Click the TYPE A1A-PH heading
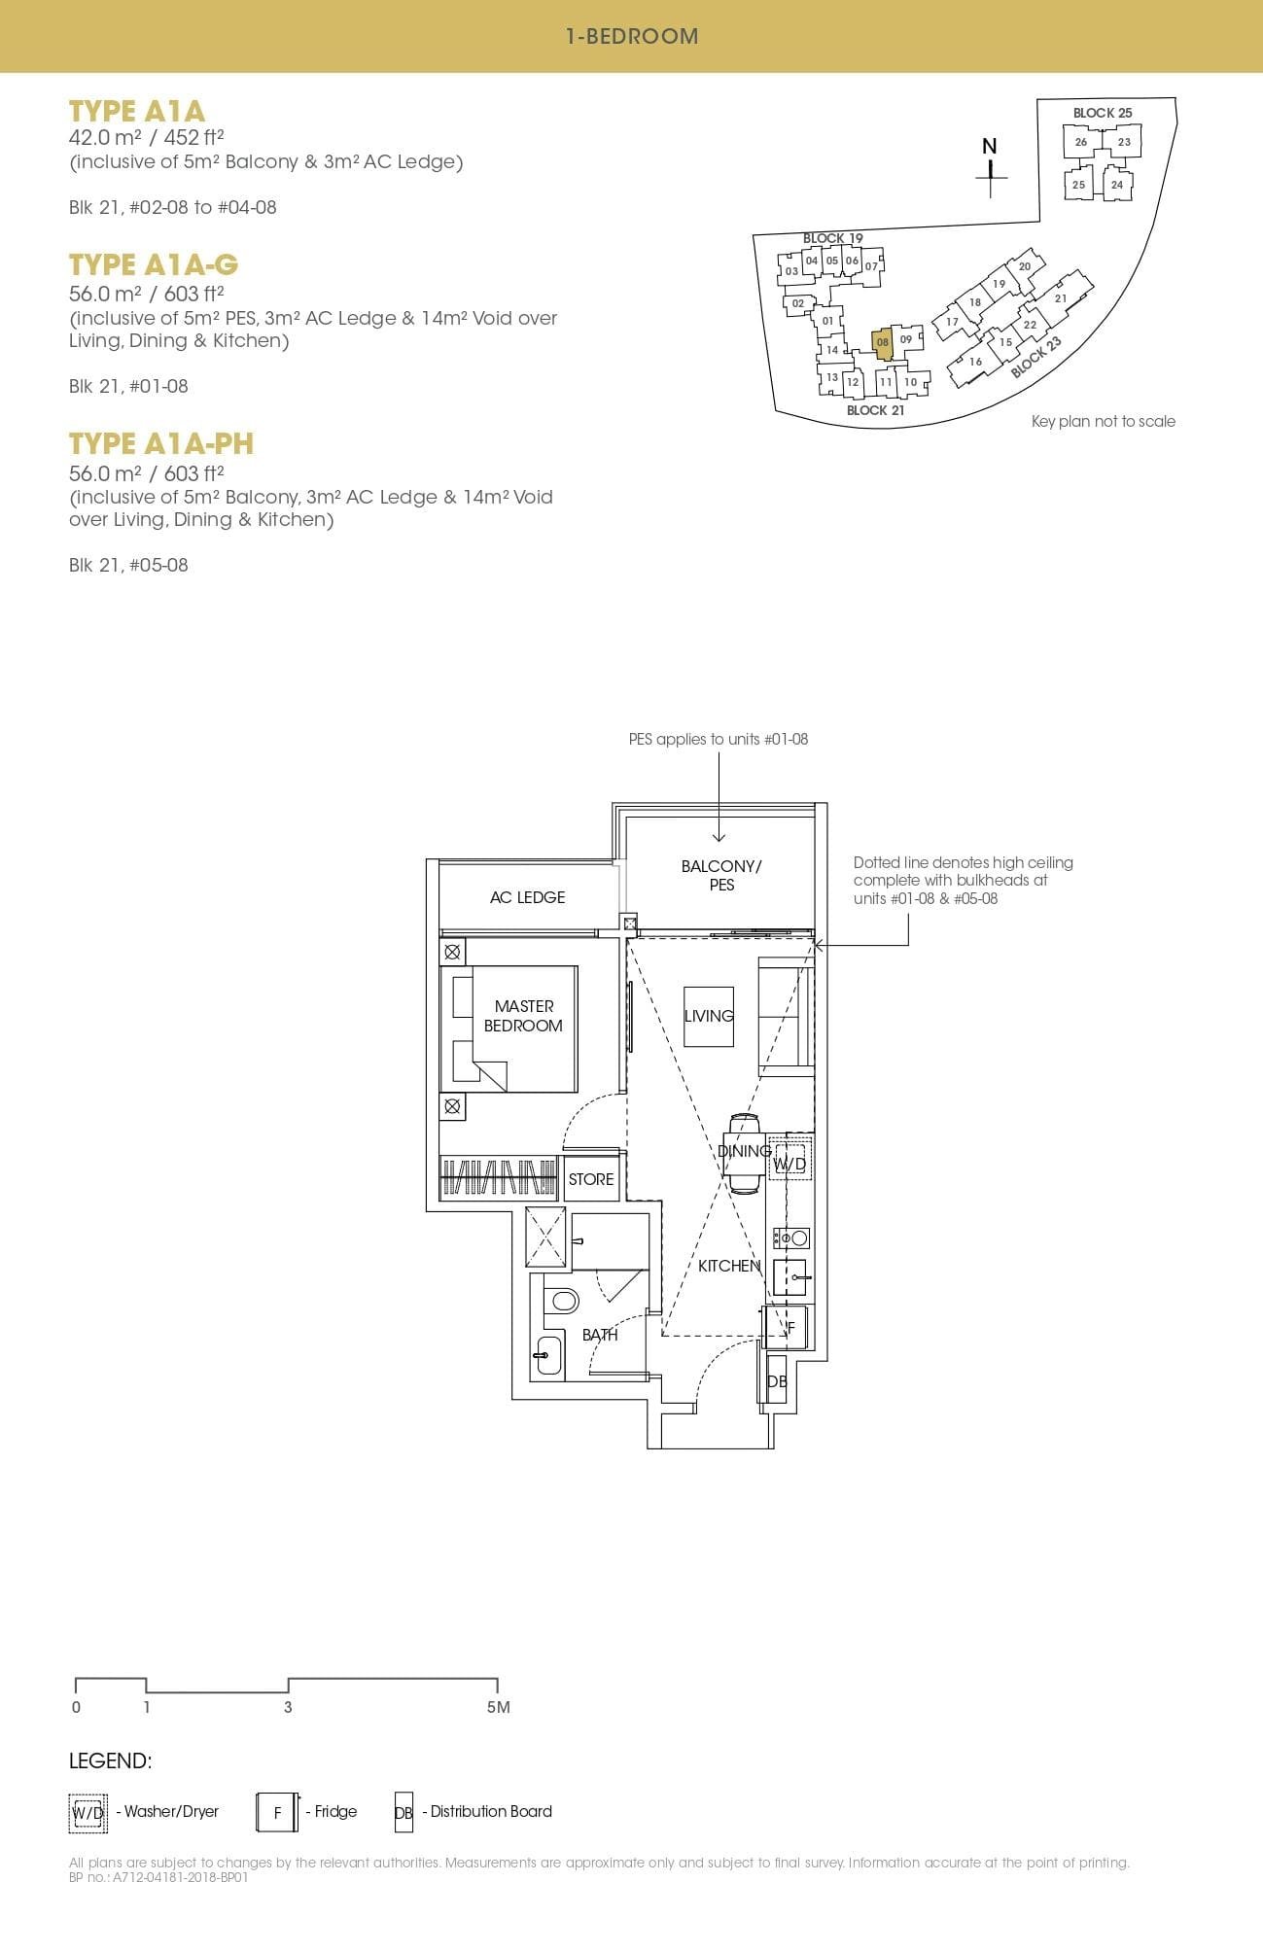(161, 443)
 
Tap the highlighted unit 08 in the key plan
(883, 343)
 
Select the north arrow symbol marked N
(990, 165)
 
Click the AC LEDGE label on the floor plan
(527, 897)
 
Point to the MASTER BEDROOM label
(523, 1016)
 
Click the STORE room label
(591, 1179)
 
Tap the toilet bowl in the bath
(561, 1301)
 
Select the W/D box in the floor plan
(789, 1163)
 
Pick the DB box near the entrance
(776, 1381)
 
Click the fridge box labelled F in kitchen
(789, 1328)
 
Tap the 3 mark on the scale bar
(288, 1706)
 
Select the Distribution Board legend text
(491, 1811)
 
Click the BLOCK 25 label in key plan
(1103, 113)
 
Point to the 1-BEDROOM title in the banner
(632, 36)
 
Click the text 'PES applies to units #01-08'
(719, 739)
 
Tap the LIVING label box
(709, 1016)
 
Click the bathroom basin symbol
(548, 1355)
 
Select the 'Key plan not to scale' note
(1103, 421)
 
